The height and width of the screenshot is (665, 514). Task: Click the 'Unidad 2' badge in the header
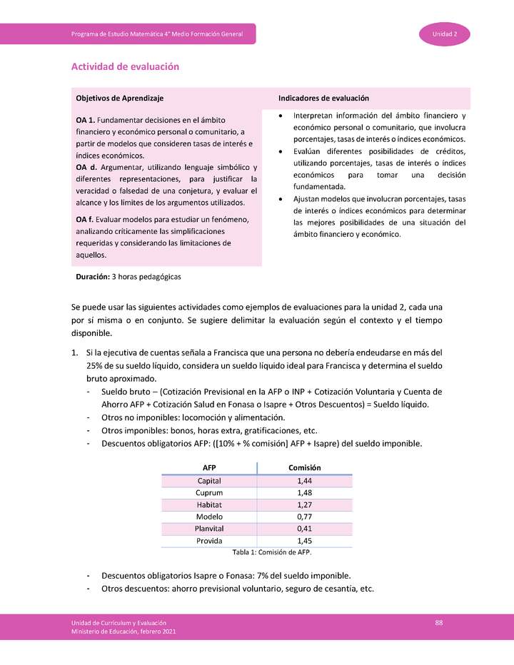449,34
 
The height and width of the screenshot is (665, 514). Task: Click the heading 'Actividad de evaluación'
125,66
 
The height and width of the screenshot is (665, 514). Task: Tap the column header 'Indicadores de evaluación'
323,98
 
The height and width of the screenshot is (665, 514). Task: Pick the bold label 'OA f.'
85,219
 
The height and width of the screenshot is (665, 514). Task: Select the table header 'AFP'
209,467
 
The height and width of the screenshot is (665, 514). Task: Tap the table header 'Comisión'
304,467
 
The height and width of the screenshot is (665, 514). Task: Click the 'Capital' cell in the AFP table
209,481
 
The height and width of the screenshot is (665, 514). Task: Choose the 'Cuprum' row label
209,493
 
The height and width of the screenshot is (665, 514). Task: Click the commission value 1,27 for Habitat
305,504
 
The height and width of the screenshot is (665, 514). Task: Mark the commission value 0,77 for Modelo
305,517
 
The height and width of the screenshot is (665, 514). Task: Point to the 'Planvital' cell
209,529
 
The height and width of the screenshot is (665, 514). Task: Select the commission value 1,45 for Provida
305,541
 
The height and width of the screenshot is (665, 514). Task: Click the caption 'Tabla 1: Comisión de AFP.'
272,552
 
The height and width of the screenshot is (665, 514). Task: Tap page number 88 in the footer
439,623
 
